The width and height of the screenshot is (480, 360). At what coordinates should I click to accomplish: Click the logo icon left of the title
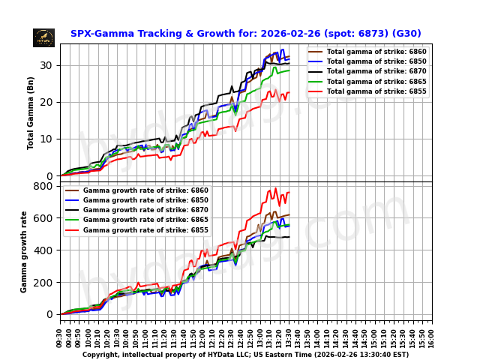[43, 37]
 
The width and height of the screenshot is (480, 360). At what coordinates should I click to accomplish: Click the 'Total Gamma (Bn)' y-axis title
[31, 112]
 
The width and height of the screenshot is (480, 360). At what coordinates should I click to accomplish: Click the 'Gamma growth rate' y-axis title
[24, 251]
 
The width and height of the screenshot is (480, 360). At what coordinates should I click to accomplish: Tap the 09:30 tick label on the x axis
[60, 337]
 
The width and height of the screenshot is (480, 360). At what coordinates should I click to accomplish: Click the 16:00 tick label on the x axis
[432, 337]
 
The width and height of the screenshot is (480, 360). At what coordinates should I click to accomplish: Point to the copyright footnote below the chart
[245, 355]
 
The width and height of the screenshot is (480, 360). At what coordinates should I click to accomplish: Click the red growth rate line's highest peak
[275, 188]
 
